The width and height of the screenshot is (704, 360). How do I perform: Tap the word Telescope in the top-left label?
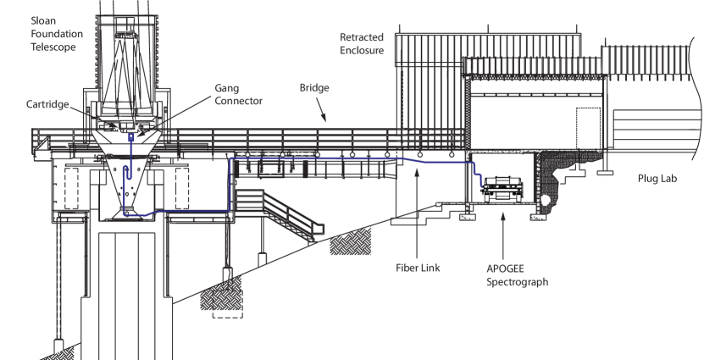[53, 48]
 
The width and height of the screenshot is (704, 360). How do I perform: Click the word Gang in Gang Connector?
[225, 88]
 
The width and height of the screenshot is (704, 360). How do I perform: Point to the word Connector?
[239, 101]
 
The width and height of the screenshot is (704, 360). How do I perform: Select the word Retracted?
[363, 37]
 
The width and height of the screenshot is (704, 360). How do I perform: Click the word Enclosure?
[363, 51]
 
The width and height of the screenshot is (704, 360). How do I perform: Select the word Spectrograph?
[511, 280]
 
